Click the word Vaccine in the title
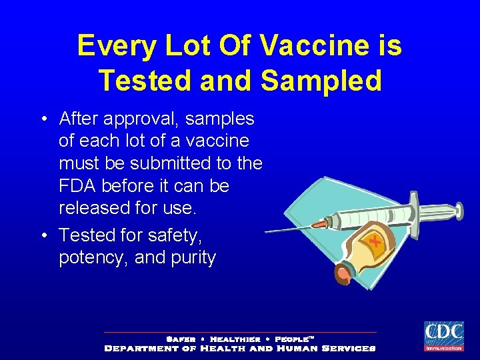pyautogui.click(x=311, y=46)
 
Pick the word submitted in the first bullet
pyautogui.click(x=179, y=163)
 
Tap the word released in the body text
pyautogui.click(x=99, y=208)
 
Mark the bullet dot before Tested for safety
pyautogui.click(x=43, y=236)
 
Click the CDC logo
pyautogui.click(x=444, y=336)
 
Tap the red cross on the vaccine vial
pyautogui.click(x=376, y=241)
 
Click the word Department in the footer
pyautogui.click(x=141, y=348)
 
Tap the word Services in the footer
pyautogui.click(x=348, y=348)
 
